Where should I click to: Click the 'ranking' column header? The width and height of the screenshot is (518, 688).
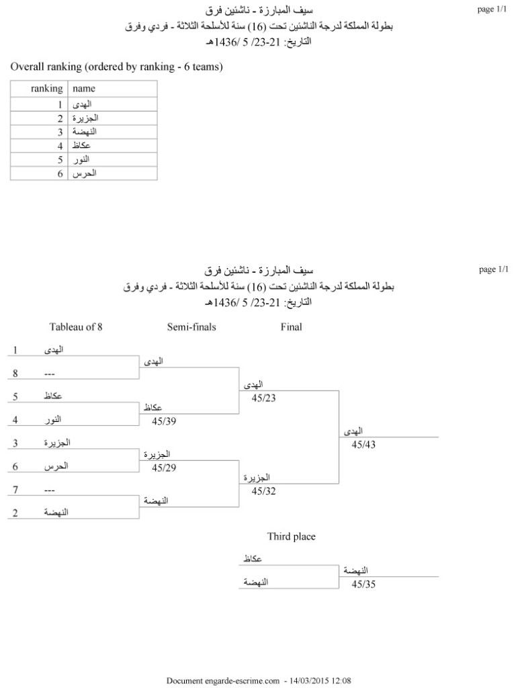[47, 89]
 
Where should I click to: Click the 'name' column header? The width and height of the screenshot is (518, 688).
[84, 89]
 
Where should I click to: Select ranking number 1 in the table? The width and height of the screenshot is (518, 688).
[60, 105]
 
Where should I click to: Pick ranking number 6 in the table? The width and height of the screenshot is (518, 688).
[60, 173]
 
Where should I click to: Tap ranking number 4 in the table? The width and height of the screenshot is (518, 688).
[60, 146]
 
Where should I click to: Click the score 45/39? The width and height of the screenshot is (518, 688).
[164, 421]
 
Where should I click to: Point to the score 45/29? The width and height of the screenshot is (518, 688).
[164, 468]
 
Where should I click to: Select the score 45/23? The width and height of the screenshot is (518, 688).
[264, 398]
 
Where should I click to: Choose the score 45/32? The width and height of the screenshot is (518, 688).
[264, 491]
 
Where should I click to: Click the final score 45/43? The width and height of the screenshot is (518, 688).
[363, 445]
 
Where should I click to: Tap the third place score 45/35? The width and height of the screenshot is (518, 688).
[363, 584]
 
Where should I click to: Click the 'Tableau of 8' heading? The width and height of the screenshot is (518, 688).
[76, 327]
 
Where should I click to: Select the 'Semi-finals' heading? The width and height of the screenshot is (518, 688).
[191, 327]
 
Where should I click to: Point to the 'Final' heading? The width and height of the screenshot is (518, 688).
[291, 327]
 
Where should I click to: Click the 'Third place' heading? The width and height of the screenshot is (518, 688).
[291, 536]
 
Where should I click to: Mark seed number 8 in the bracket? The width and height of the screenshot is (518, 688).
[15, 374]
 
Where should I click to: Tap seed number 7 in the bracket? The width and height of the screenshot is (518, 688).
[15, 490]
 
